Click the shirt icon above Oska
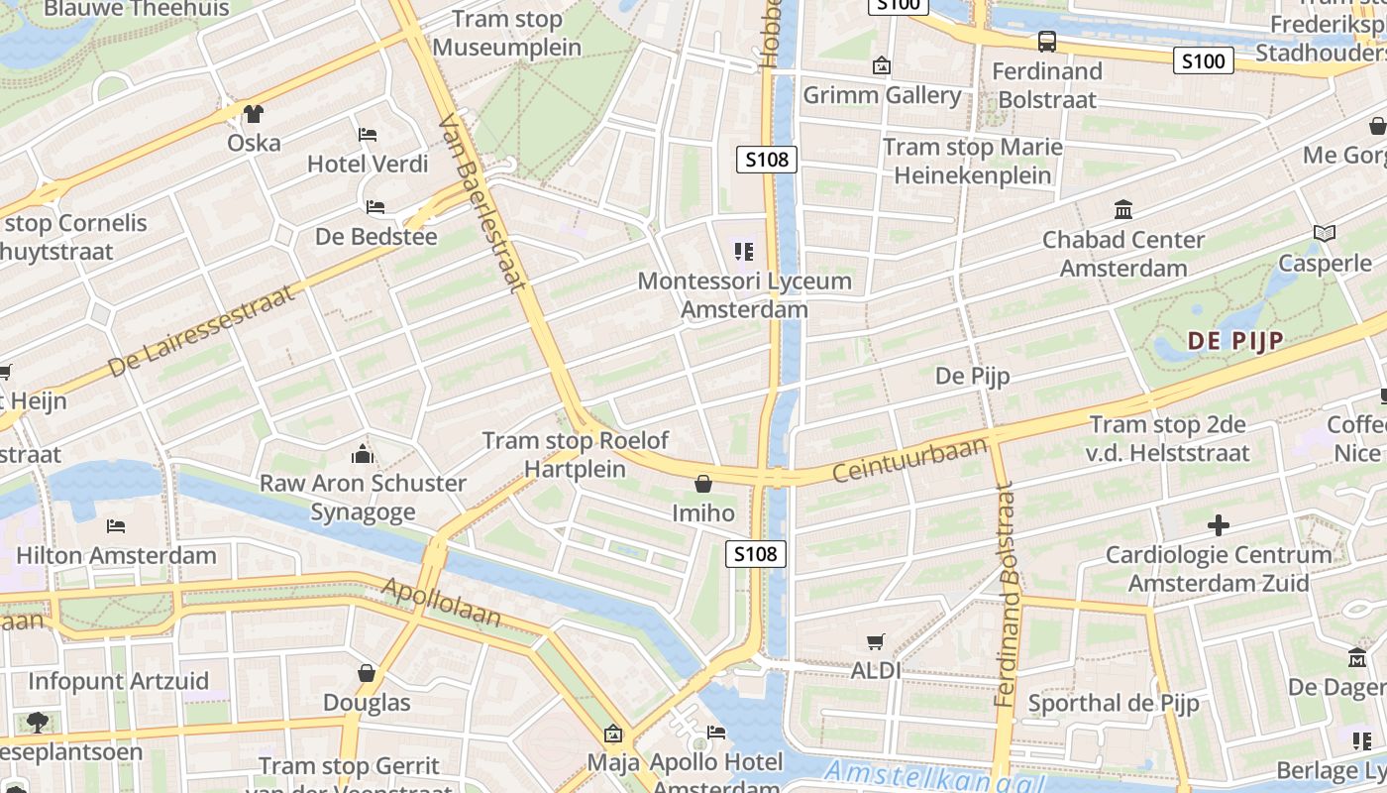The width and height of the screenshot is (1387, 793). (x=255, y=114)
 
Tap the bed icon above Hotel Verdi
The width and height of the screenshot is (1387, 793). (x=368, y=135)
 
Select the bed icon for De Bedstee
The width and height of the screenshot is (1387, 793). (x=375, y=207)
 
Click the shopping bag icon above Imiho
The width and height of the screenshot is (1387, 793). (x=703, y=484)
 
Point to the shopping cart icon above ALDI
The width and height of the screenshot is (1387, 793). (x=876, y=642)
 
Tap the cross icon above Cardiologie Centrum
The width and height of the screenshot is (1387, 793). (x=1219, y=524)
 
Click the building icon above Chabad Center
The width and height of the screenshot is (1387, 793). (x=1123, y=210)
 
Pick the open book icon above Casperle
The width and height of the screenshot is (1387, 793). (x=1325, y=234)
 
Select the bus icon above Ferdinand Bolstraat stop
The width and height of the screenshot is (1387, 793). (x=1047, y=42)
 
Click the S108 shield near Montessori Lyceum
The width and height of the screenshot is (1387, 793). (x=767, y=159)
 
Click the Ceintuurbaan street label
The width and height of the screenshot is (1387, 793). (x=910, y=460)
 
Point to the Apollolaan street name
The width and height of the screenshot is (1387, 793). (x=442, y=603)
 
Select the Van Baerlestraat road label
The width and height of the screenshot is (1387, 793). (x=480, y=203)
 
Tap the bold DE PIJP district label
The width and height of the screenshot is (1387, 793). (x=1235, y=341)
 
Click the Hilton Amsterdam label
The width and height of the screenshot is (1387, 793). (x=116, y=555)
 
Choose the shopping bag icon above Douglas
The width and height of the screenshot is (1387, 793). (x=367, y=674)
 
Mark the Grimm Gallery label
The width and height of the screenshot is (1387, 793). (x=882, y=95)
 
